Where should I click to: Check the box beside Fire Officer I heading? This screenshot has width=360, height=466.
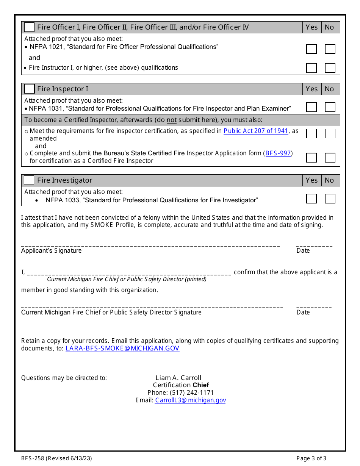click(29, 27)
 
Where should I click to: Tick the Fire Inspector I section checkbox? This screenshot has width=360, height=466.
click(29, 89)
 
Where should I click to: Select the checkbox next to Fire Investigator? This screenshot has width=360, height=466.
click(29, 180)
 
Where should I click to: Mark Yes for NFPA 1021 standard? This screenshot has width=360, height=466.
click(311, 49)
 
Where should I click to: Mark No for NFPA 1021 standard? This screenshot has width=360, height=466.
click(330, 49)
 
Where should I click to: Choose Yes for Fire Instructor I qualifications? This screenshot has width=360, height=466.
click(311, 68)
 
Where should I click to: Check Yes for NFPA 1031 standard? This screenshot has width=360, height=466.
click(311, 107)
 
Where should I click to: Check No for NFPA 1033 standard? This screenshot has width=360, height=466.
click(330, 199)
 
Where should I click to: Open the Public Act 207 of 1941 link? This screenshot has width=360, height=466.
click(256, 131)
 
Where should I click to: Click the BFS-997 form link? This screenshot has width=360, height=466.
click(278, 153)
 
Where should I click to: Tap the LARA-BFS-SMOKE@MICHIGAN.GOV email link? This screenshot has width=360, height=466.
click(122, 349)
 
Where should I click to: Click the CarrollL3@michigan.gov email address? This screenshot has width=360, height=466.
click(190, 400)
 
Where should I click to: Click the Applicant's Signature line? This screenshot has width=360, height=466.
click(150, 246)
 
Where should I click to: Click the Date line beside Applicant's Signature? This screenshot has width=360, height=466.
click(314, 246)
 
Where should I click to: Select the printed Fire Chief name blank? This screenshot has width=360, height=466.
click(129, 273)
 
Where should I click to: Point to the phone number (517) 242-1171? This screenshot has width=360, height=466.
click(192, 393)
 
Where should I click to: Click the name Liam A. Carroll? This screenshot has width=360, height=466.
click(178, 378)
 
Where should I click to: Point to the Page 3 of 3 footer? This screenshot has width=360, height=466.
click(311, 458)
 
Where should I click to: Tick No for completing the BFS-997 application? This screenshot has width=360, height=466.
click(330, 158)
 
